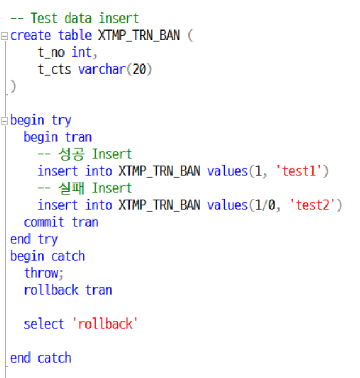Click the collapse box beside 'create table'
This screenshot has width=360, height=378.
click(5, 36)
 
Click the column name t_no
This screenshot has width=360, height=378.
click(51, 53)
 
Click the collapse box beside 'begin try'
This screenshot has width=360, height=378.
click(5, 121)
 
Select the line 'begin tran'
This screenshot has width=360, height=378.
click(57, 137)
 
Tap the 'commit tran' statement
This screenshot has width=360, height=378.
click(61, 222)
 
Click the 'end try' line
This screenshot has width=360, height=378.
click(34, 239)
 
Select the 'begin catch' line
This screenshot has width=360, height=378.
click(48, 256)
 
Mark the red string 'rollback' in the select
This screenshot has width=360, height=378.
click(105, 324)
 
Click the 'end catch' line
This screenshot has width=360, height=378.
click(41, 358)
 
